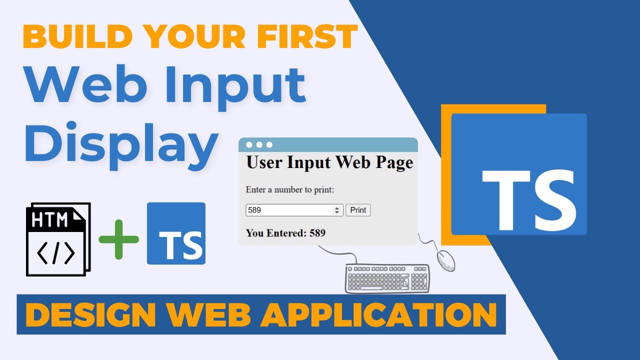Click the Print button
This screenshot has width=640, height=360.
click(x=358, y=210)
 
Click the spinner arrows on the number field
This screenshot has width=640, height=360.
click(x=337, y=210)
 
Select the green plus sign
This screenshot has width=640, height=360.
click(x=118, y=239)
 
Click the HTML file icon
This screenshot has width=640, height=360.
click(x=58, y=239)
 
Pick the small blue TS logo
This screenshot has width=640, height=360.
click(x=176, y=233)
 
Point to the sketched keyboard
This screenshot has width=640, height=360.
click(x=387, y=278)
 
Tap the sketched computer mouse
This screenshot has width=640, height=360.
click(x=446, y=260)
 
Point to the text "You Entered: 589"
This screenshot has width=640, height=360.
click(x=285, y=232)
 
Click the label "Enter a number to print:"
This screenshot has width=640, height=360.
click(x=289, y=189)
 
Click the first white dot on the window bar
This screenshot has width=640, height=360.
click(x=249, y=145)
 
